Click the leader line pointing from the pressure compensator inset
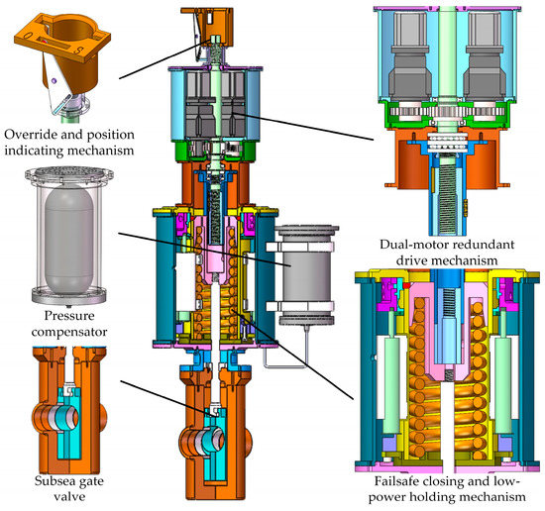[188, 252]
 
